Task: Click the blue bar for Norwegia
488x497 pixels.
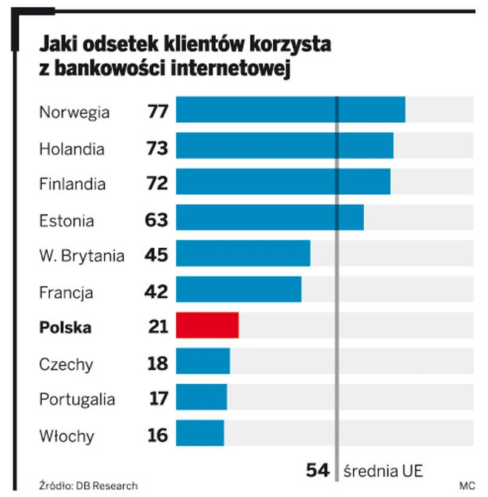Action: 290,110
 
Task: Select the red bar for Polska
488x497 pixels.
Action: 207,326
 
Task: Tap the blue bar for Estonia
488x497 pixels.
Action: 270,218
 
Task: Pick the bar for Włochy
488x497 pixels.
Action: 200,433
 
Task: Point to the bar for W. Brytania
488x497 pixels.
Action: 243,254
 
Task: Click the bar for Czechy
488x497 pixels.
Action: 203,362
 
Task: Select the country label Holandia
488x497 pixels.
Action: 72,149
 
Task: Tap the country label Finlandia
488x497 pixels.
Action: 72,184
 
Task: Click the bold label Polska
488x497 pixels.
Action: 65,328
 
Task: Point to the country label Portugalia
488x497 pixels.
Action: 77,400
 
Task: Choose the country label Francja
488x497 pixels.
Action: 66,293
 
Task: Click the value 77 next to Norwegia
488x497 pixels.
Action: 157,113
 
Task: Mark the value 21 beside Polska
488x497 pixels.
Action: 158,327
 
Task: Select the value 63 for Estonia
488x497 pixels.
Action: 156,220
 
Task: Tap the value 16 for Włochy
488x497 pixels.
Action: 158,435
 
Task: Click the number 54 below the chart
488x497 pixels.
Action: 317,470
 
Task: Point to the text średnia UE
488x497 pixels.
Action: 383,471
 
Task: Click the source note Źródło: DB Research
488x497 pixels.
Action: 89,485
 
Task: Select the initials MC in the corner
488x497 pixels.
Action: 466,485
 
